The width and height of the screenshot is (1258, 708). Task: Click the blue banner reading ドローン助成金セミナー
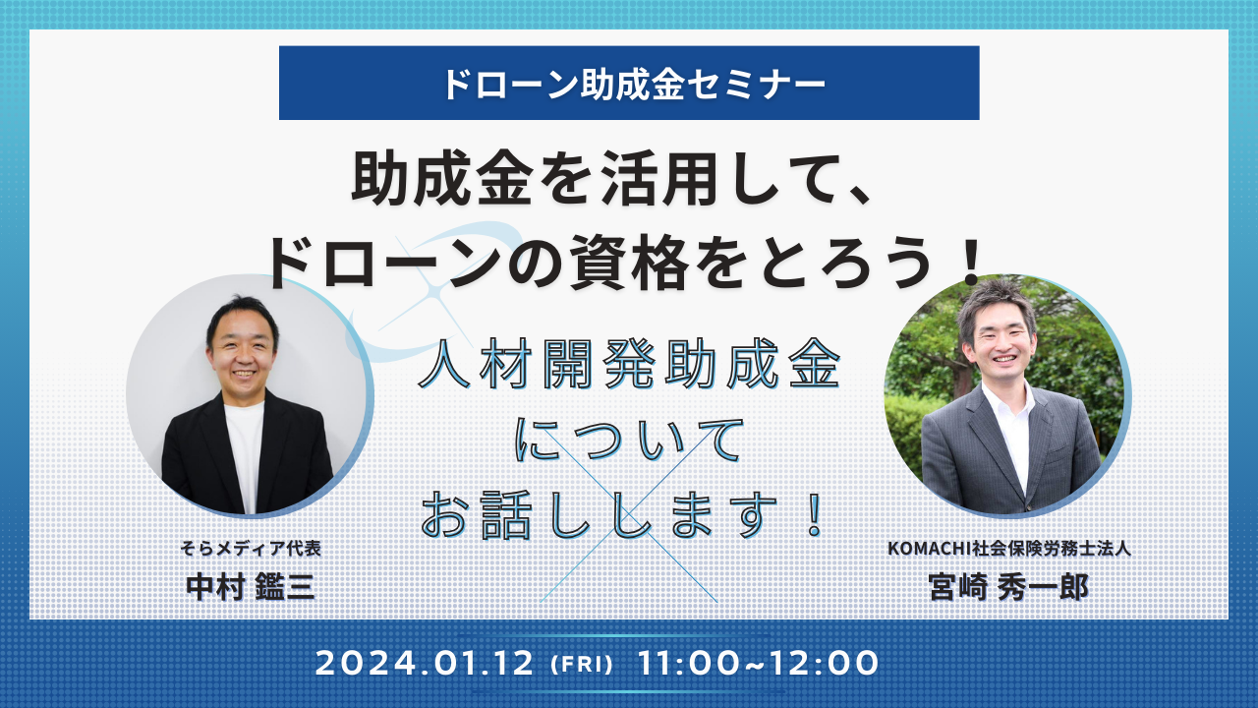629,83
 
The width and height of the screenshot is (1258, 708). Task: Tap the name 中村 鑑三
251,587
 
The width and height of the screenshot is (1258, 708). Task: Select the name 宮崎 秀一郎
1008,587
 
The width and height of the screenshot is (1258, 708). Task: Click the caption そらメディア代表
251,548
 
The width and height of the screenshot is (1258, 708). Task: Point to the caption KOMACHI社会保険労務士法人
1009,548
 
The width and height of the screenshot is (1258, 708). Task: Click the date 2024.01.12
425,663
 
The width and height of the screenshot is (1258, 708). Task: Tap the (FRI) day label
581,664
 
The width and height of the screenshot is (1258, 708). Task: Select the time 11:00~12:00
759,663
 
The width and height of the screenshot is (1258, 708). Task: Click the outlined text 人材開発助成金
629,364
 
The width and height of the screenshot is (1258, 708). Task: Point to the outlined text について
629,440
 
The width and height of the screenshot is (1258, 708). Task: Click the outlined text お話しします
600,514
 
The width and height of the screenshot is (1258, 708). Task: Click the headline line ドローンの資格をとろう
600,263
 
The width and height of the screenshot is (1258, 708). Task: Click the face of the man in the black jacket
243,352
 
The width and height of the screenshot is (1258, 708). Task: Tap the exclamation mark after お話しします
815,513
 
